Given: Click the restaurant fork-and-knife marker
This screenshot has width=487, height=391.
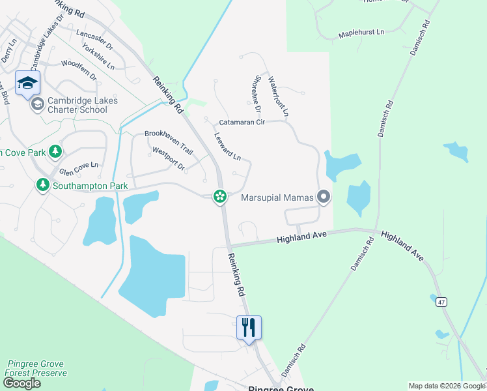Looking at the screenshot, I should (249, 327).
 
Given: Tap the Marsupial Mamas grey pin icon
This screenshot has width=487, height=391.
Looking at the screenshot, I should (324, 197).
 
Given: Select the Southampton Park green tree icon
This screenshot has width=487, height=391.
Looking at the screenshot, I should (43, 186).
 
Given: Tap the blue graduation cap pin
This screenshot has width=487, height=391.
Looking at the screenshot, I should (27, 83).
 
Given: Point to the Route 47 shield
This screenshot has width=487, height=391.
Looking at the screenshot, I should (441, 302).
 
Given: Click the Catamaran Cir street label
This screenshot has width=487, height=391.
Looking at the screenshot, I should (242, 122).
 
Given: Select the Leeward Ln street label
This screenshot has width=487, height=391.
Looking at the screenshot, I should (228, 147).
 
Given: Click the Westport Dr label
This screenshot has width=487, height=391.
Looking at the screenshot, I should (168, 158).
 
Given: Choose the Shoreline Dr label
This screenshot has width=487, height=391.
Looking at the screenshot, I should (253, 96).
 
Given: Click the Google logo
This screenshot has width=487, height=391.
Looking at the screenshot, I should (21, 383).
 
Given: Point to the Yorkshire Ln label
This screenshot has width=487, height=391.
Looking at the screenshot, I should (99, 57).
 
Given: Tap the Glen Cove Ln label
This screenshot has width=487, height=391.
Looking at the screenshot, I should (78, 169).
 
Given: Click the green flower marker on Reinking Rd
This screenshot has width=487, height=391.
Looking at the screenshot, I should (221, 196).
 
